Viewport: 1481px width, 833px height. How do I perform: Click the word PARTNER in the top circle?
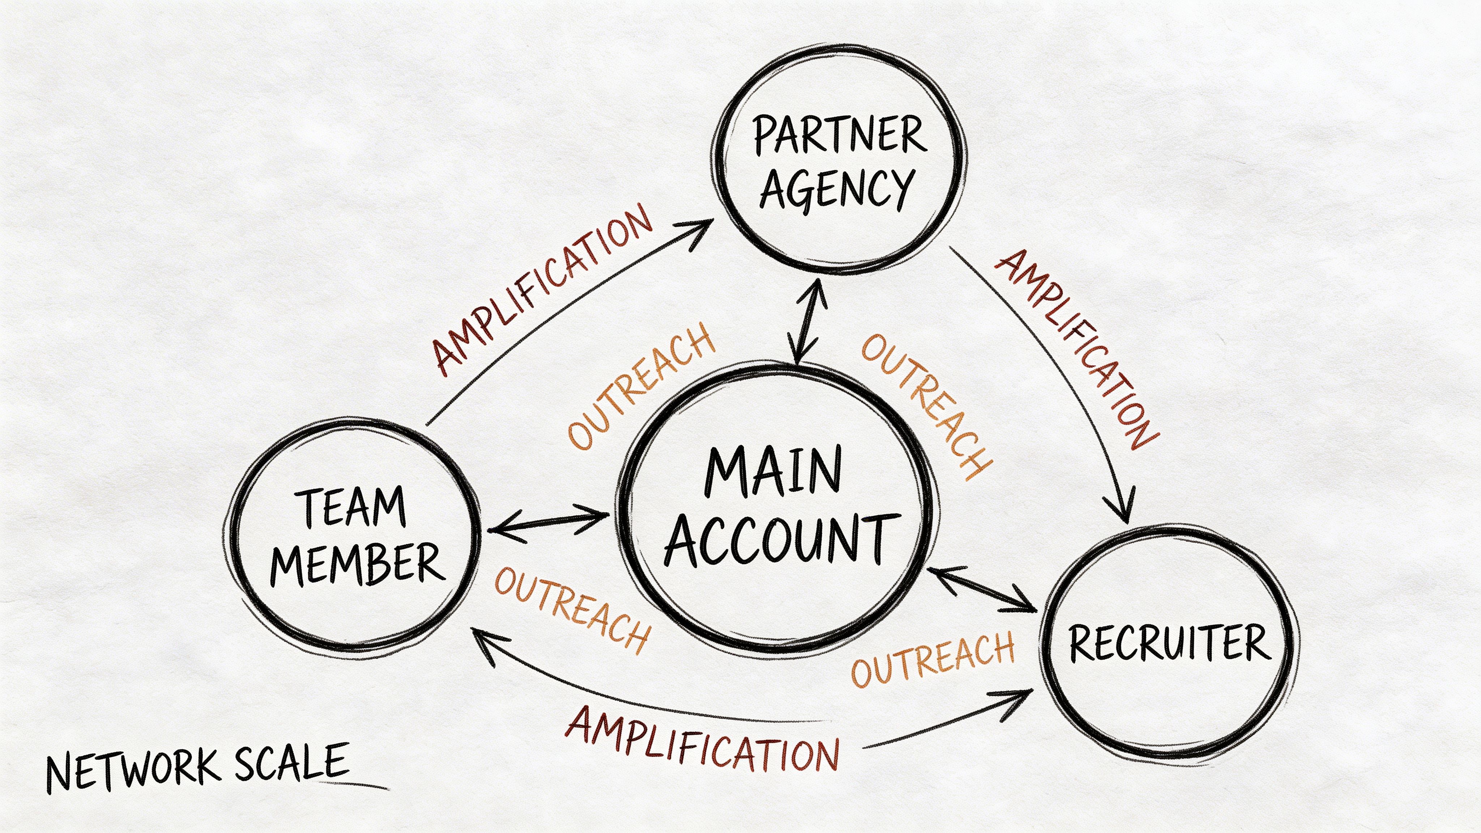tap(839, 136)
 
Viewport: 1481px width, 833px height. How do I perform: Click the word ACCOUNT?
tap(782, 541)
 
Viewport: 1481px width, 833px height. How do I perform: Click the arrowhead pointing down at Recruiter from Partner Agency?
tap(1122, 509)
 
